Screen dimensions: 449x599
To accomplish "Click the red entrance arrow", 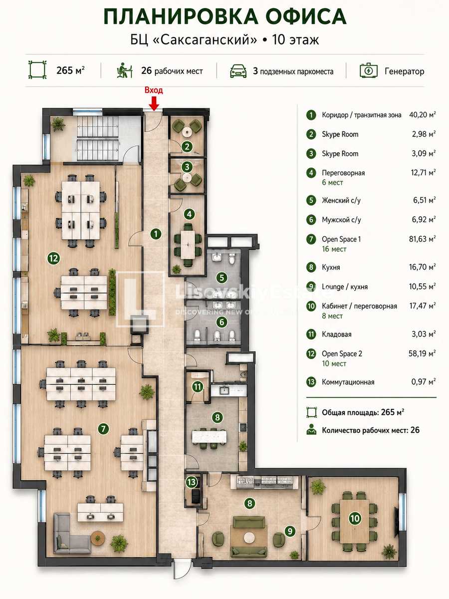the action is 154,103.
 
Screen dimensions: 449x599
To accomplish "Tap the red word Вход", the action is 154,90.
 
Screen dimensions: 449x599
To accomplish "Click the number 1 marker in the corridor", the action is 156,234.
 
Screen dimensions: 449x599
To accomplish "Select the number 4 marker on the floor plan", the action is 189,214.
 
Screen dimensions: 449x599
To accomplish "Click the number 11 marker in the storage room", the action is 198,387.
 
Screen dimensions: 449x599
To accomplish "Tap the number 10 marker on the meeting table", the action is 355,518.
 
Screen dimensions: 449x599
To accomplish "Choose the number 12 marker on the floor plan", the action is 53,258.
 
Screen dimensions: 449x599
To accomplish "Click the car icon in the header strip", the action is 238,71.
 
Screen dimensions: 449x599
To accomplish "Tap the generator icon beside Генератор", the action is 368,71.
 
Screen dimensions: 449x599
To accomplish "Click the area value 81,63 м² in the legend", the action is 422,239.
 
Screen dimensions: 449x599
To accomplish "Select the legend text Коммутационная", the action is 348,382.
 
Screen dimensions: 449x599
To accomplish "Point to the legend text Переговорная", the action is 343,173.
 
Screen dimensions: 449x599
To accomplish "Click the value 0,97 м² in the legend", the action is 424,381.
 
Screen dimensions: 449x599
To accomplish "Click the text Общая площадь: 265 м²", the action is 363,412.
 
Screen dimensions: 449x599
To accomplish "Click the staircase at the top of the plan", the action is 98,138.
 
